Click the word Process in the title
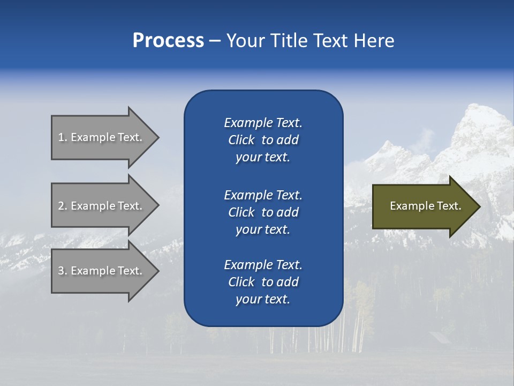(x=168, y=41)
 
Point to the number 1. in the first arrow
(x=63, y=137)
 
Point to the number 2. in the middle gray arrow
(x=63, y=206)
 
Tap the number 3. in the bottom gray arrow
(x=63, y=271)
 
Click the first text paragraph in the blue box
(x=263, y=140)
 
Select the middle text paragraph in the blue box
(x=263, y=212)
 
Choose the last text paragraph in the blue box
(x=263, y=282)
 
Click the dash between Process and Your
(x=215, y=41)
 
